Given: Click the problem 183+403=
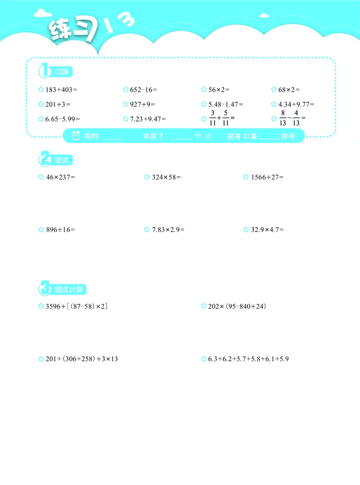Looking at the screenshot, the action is [x=62, y=90].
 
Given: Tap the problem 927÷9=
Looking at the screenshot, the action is [x=142, y=104].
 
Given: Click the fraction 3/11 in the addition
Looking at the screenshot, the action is [x=213, y=119].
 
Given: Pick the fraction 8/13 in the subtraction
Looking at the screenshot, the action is [x=283, y=119].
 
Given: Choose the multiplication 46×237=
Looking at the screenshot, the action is [x=60, y=177].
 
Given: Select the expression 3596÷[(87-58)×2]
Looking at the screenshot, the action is [x=76, y=306].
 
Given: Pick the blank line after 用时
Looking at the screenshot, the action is [x=113, y=137].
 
